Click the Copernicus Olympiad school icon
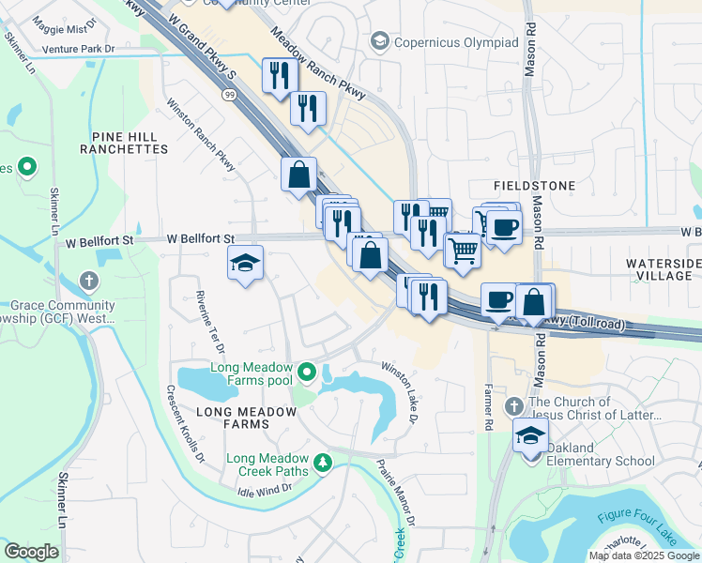coord(379,41)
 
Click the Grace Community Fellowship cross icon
coord(89,281)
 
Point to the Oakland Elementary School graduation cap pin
coord(530,437)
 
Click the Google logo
coord(31,552)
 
